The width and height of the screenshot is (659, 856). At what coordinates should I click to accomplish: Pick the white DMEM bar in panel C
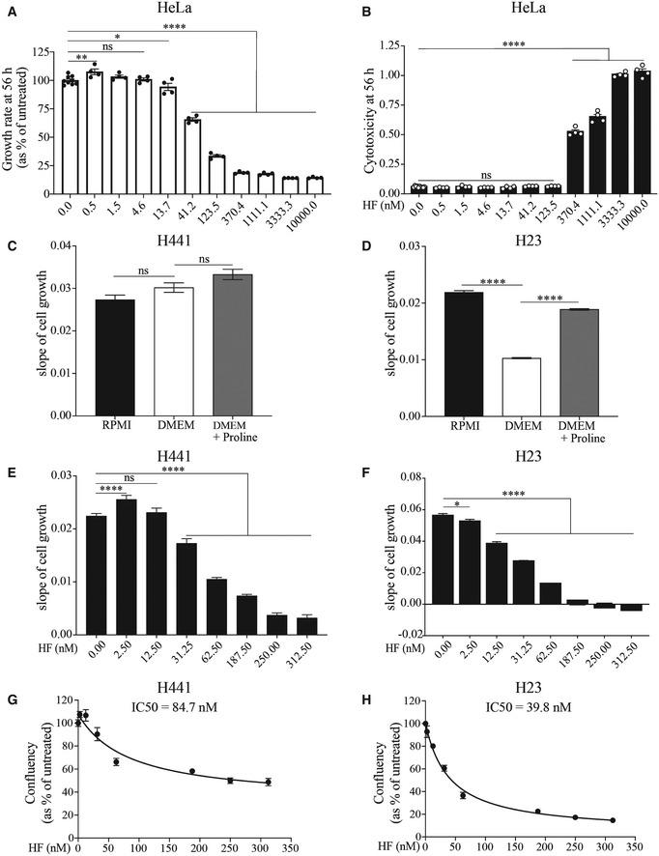pos(175,352)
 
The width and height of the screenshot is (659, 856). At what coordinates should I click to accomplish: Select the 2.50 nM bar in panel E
pos(125,564)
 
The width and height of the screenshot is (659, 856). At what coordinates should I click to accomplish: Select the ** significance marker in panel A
pos(82,58)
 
